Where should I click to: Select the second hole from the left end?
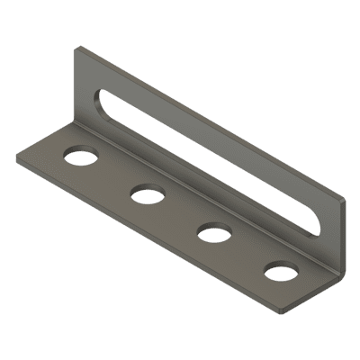[147, 193]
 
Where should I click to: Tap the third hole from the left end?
[213, 232]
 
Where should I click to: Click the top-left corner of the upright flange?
[77, 51]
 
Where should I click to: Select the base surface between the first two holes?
[114, 176]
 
